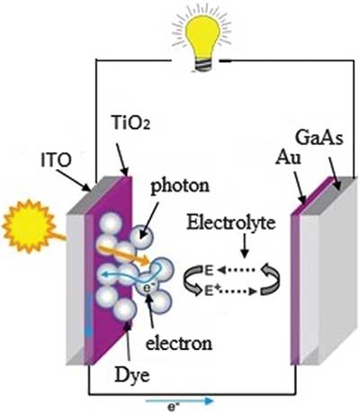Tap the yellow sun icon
(x=29, y=226)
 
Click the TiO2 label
(x=130, y=122)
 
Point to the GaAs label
(x=319, y=138)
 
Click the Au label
(x=288, y=157)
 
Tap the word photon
(x=180, y=186)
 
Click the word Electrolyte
(x=231, y=223)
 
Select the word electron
(x=179, y=343)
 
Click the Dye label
(x=132, y=375)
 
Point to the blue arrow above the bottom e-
(x=179, y=401)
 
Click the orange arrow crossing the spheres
(x=123, y=255)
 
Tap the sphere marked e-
(x=147, y=285)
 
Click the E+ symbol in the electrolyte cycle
(x=210, y=291)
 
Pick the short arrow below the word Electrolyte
(x=245, y=246)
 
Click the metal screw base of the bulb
(x=204, y=65)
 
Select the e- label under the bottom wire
(x=173, y=408)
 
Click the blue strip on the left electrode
(x=88, y=314)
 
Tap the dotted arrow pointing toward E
(x=236, y=270)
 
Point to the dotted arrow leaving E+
(x=237, y=291)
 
